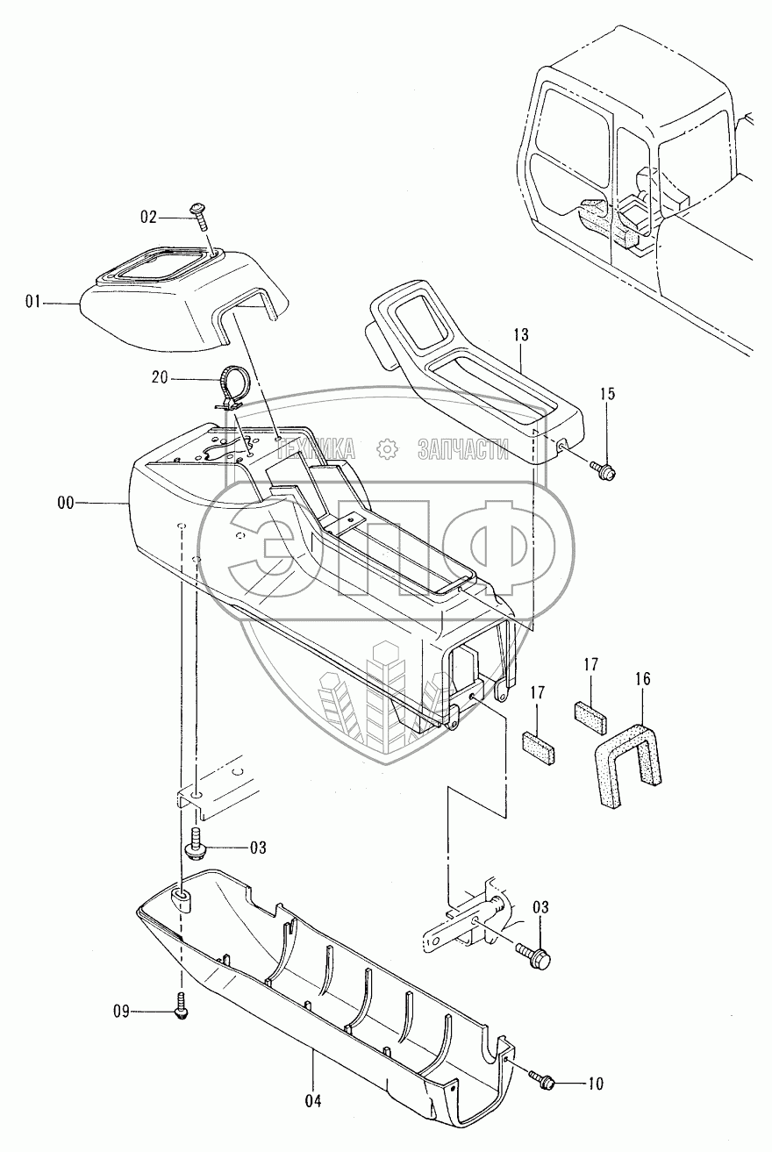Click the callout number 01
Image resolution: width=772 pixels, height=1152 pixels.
click(33, 303)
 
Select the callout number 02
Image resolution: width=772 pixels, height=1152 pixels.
click(148, 215)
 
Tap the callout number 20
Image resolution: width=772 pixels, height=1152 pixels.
click(160, 379)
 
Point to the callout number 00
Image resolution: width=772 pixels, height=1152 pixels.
click(65, 503)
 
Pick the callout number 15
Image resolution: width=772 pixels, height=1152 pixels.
click(609, 395)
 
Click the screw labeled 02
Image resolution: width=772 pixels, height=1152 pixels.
click(198, 215)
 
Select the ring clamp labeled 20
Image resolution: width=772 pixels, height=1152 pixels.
click(233, 386)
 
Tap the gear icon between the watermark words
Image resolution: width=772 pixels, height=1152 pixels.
click(387, 450)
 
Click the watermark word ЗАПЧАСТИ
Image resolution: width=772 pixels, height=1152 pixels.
click(464, 450)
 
